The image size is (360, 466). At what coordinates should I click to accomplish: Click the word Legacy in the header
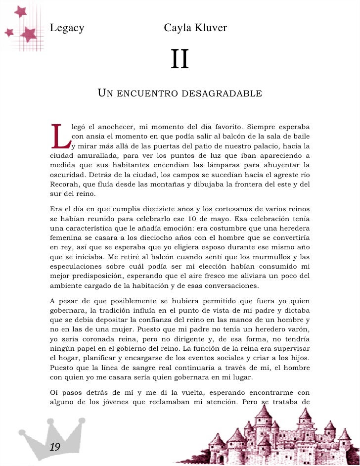pos(67,28)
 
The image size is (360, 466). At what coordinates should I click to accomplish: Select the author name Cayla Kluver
pos(195,28)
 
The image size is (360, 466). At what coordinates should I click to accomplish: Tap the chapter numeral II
pos(180,60)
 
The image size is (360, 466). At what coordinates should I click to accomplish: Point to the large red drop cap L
pos(60,136)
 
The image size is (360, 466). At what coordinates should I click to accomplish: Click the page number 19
pos(54,447)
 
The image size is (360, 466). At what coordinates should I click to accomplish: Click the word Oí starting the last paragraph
pos(54,391)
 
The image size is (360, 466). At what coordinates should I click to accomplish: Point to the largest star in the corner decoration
pos(29,34)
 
